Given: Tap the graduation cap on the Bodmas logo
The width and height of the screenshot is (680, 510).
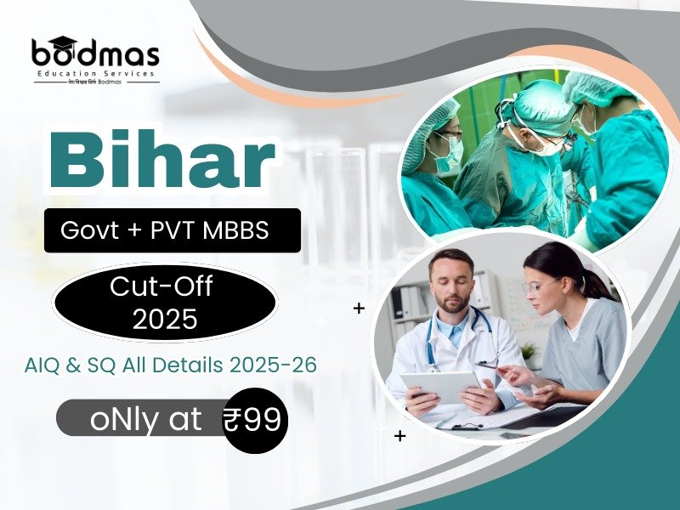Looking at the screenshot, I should point(64,42).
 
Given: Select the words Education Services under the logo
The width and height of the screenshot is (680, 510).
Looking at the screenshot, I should point(95,74).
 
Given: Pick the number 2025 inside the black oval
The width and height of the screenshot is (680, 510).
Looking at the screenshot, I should point(165,319).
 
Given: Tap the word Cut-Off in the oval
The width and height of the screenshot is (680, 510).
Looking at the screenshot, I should point(165,287).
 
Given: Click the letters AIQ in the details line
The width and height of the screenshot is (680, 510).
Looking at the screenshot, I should point(42,365).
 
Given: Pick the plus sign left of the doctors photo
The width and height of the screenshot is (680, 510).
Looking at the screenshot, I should point(359,308).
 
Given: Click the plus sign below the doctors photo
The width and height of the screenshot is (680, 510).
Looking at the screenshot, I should point(399,436).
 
